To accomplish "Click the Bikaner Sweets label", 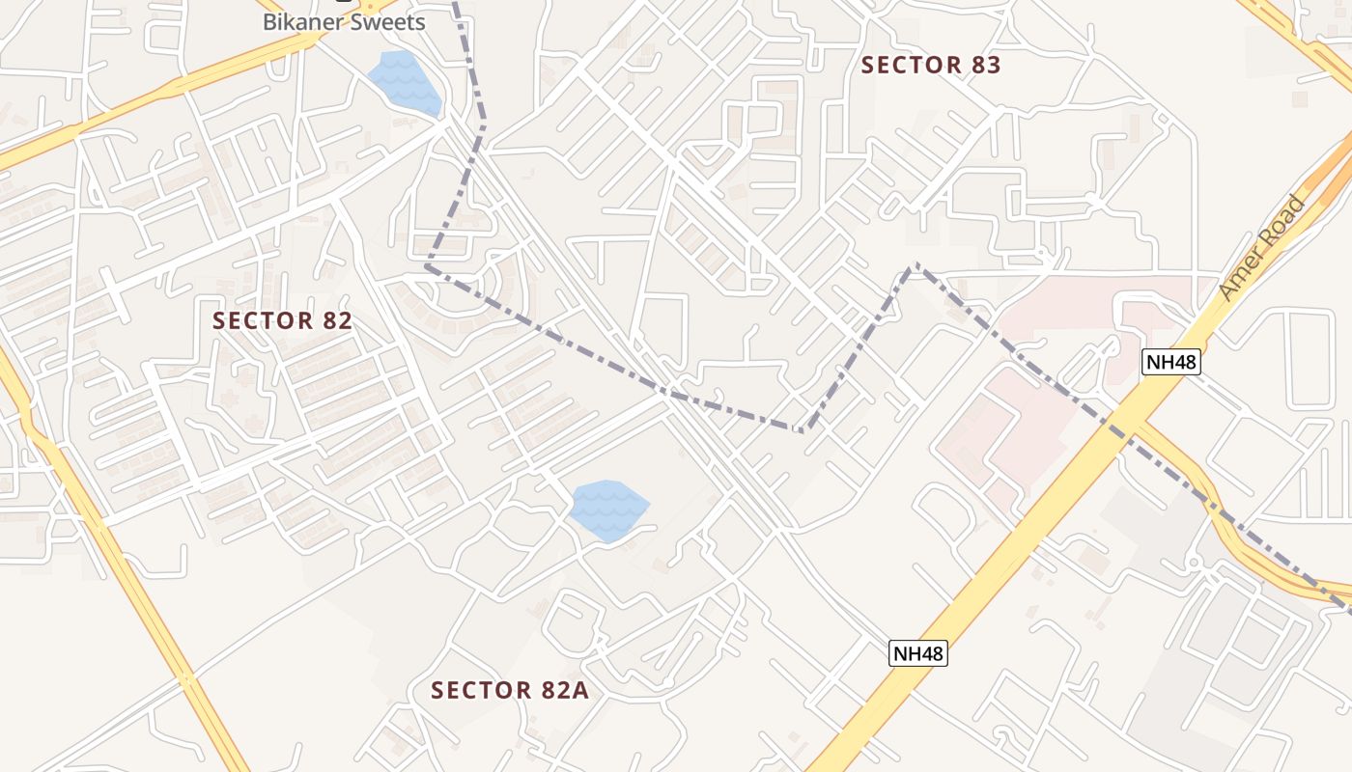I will click(x=344, y=22).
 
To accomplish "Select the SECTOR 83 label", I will click(x=931, y=66).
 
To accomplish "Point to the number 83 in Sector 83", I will click(x=985, y=66).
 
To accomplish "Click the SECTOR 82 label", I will click(x=282, y=321).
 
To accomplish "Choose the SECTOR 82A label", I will click(x=509, y=691).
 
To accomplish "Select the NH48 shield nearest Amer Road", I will click(x=1170, y=362).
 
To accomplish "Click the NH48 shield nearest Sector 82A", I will click(x=917, y=653).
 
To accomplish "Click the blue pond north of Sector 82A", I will click(x=607, y=510).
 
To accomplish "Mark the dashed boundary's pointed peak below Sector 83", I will click(x=914, y=265).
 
